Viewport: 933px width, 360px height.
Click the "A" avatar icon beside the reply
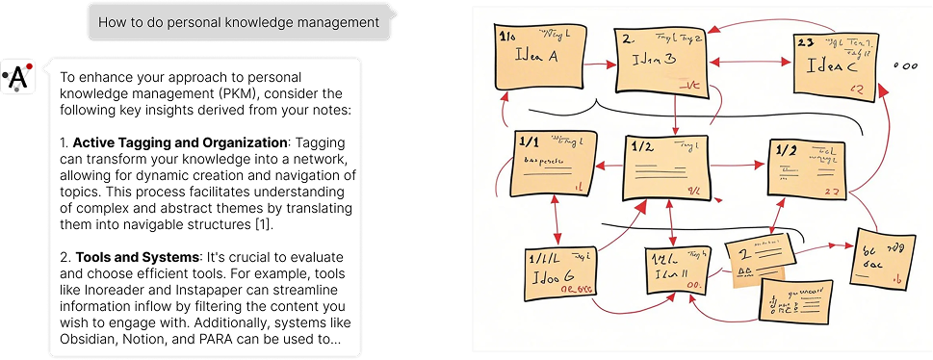pos(19,77)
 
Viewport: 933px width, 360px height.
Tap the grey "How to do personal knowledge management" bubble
pos(238,21)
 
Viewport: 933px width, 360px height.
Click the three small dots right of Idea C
pos(905,65)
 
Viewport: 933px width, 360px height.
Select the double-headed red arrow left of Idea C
pos(751,64)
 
